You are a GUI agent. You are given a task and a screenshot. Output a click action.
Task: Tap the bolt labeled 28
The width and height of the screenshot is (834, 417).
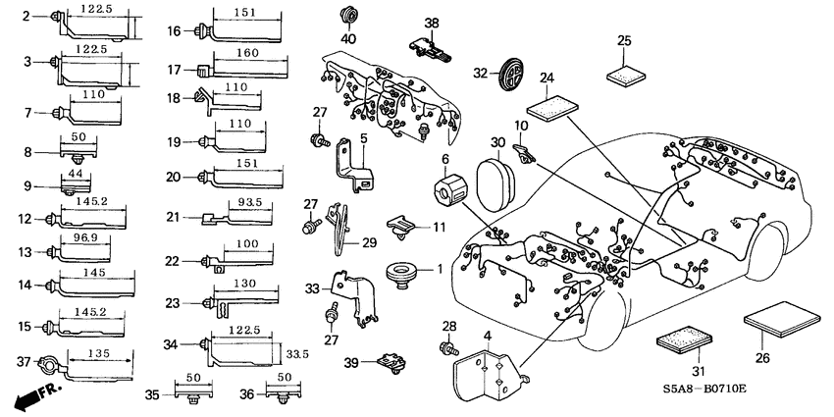point(447,346)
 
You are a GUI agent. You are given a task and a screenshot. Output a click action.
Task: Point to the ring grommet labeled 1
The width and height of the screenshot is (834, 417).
point(400,274)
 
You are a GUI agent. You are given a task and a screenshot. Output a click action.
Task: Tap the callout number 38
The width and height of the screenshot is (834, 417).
point(432,23)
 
